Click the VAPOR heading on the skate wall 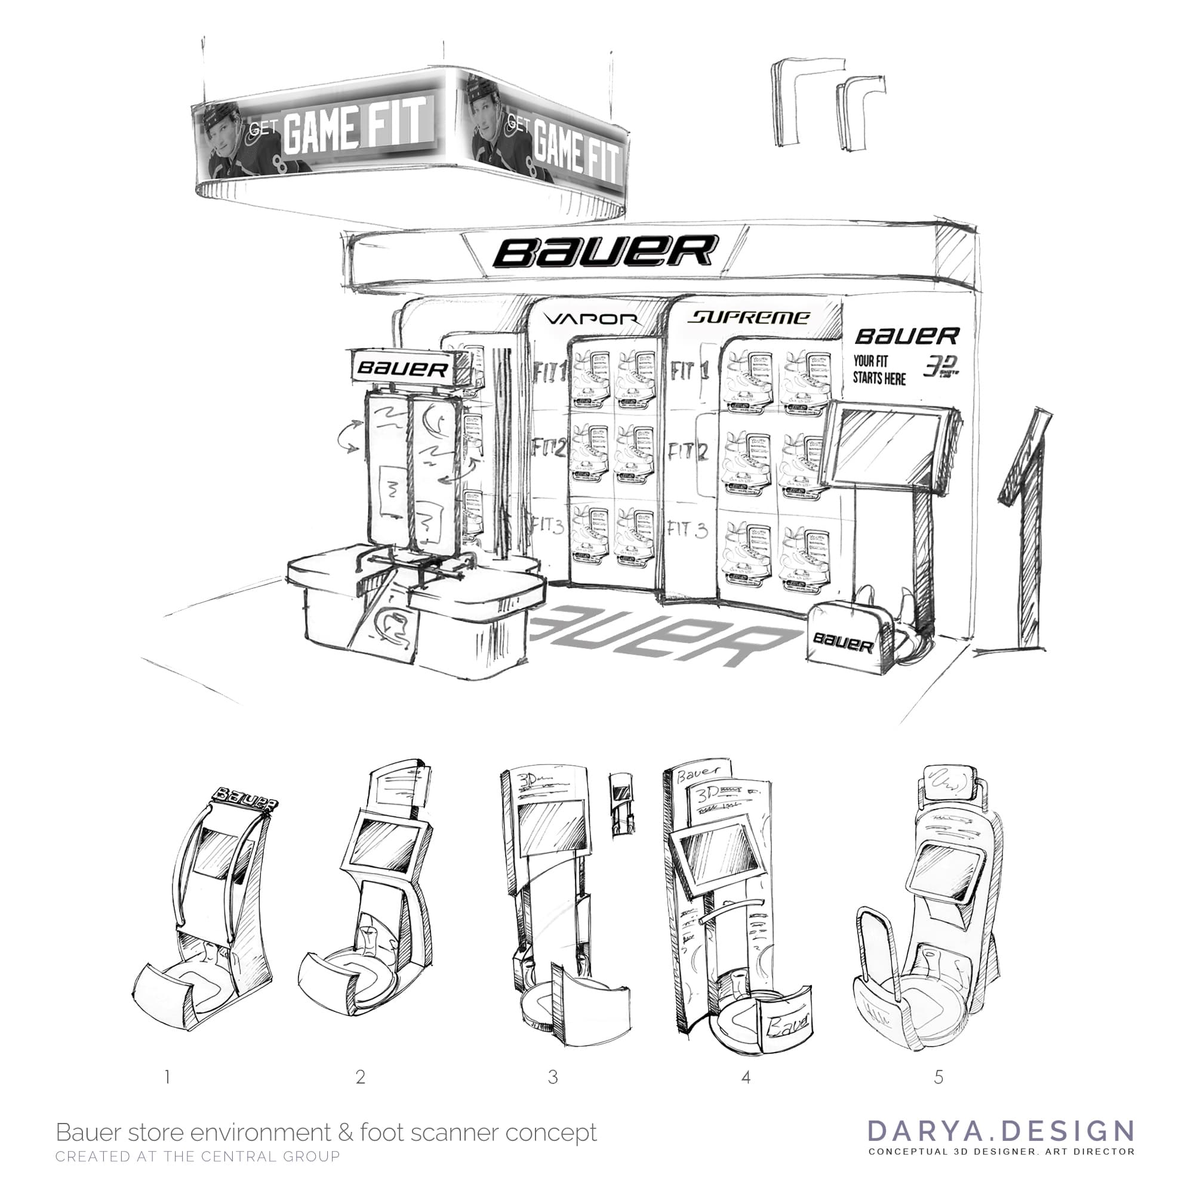tap(592, 319)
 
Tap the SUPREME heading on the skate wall tap(749, 318)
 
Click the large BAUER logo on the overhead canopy tap(605, 251)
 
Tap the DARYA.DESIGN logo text tap(1001, 1130)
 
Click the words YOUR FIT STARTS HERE tap(879, 370)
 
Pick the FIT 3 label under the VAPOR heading tap(547, 527)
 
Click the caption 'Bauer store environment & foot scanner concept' tap(327, 1132)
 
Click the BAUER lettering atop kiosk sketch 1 tap(245, 801)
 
